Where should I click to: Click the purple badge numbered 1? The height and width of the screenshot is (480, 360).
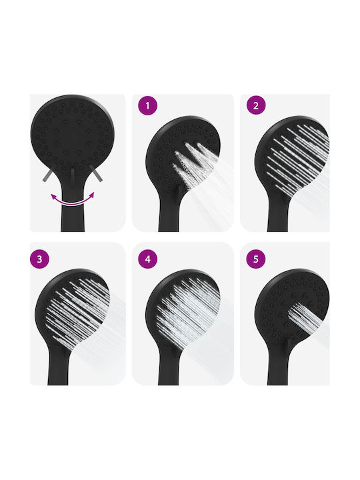click(x=147, y=106)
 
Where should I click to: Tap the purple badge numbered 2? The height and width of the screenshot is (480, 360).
click(x=256, y=105)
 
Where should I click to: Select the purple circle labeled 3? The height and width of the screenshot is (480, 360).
click(x=39, y=259)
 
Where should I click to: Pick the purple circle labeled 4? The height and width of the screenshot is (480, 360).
click(x=148, y=259)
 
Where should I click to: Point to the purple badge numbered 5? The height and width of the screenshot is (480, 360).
click(x=256, y=259)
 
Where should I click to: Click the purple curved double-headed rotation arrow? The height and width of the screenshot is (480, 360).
click(x=72, y=201)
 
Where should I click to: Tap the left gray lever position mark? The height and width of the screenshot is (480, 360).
click(x=48, y=176)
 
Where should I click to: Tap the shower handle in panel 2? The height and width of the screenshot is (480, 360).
click(x=278, y=214)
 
